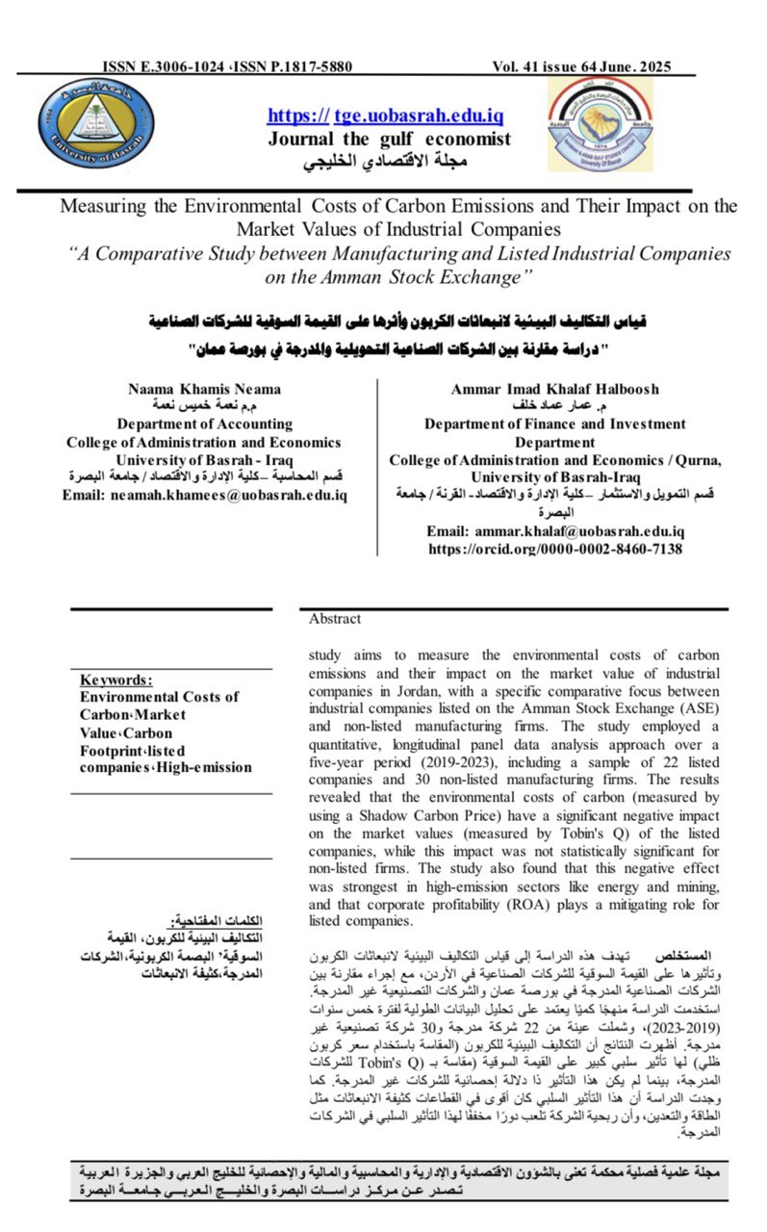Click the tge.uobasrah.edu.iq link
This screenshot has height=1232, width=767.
coord(419,116)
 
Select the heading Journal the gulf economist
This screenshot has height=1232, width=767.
coord(389,139)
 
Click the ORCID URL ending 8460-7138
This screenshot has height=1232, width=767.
coord(555,549)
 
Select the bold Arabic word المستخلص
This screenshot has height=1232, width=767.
coord(683,959)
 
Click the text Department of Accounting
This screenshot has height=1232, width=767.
coord(203,423)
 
